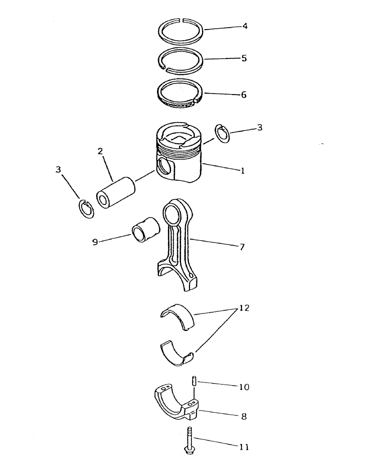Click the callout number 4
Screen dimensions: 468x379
pyautogui.click(x=245, y=25)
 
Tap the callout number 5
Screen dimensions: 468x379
pyautogui.click(x=244, y=59)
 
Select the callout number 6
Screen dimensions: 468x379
pyautogui.click(x=244, y=94)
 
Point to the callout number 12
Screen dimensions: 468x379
pyautogui.click(x=244, y=308)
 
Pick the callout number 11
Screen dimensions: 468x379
pyautogui.click(x=244, y=447)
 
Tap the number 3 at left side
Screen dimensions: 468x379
pyautogui.click(x=58, y=169)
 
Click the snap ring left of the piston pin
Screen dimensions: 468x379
pyautogui.click(x=87, y=209)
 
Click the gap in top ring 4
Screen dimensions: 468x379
pyautogui.click(x=183, y=20)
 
